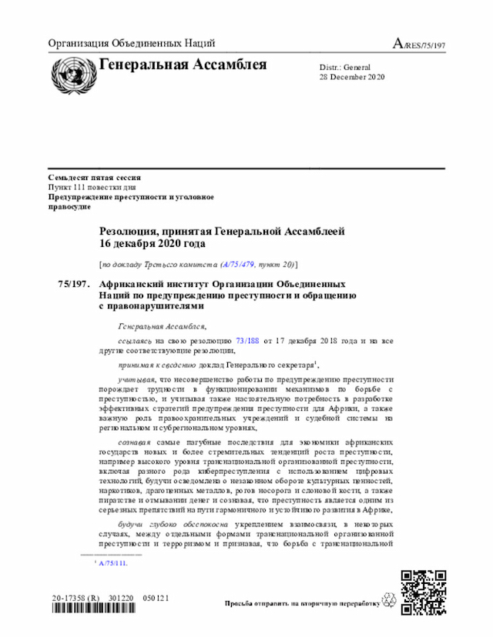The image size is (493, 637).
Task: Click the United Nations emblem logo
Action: tap(70, 74)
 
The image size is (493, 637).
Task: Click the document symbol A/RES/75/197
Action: tap(419, 45)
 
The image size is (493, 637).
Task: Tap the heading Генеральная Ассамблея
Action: tap(183, 65)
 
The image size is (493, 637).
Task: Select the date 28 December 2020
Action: tap(352, 77)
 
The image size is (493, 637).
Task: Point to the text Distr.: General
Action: tap(345, 67)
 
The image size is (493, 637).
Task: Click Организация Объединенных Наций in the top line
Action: tap(131, 44)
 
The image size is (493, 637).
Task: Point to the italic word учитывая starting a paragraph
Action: tap(136, 379)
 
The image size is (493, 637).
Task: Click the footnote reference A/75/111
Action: tap(113, 562)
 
